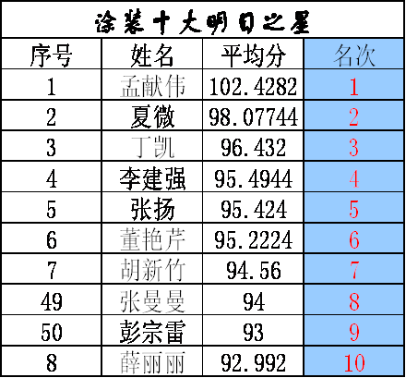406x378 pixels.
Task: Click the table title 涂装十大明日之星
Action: tap(202, 23)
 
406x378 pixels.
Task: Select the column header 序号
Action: tap(52, 55)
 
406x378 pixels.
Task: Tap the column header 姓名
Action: tap(152, 55)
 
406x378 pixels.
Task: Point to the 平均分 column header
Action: tap(253, 55)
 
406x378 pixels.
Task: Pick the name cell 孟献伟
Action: tap(152, 86)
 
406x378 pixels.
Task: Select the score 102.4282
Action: tap(253, 86)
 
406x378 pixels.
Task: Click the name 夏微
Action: tap(152, 116)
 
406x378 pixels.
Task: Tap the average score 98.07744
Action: tap(253, 117)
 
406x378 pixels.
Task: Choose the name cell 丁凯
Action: tap(152, 147)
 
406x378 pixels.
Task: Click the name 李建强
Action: tap(152, 178)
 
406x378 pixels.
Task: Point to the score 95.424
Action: tap(254, 210)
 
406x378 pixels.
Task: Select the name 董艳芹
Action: tap(152, 239)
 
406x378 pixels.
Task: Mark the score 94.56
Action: tap(254, 271)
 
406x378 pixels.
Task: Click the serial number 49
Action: tap(52, 301)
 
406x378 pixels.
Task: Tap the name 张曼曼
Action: tap(152, 301)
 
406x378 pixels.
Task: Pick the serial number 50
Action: tap(52, 332)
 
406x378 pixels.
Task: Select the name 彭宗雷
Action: tap(152, 332)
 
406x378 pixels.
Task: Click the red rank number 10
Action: tap(354, 362)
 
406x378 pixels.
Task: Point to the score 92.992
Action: tap(253, 362)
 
